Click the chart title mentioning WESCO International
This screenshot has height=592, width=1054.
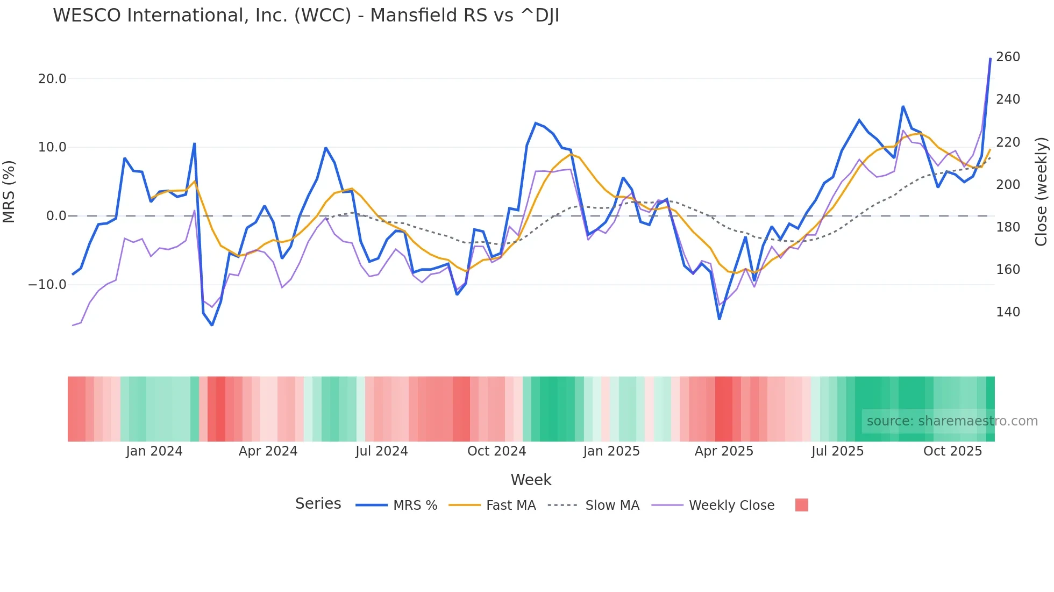click(x=306, y=16)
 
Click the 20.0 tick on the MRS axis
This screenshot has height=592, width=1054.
click(x=52, y=79)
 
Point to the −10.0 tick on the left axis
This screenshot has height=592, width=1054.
click(x=47, y=285)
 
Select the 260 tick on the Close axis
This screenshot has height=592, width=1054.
click(x=1008, y=57)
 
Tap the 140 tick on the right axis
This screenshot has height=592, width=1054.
click(x=1008, y=312)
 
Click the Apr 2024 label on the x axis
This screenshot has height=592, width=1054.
click(x=268, y=451)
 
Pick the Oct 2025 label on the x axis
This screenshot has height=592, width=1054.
click(x=952, y=451)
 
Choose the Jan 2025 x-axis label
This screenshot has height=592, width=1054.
click(x=611, y=451)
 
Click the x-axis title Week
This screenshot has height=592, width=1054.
click(x=531, y=480)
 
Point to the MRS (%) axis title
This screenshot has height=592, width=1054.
click(x=9, y=192)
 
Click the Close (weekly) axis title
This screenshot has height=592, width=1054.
click(x=1041, y=192)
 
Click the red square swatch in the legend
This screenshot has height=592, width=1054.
click(x=801, y=505)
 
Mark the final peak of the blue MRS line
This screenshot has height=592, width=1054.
click(x=990, y=59)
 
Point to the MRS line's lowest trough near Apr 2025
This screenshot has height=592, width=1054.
click(x=720, y=319)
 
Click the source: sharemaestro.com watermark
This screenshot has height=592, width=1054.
click(x=952, y=421)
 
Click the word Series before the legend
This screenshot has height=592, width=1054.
click(x=318, y=504)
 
